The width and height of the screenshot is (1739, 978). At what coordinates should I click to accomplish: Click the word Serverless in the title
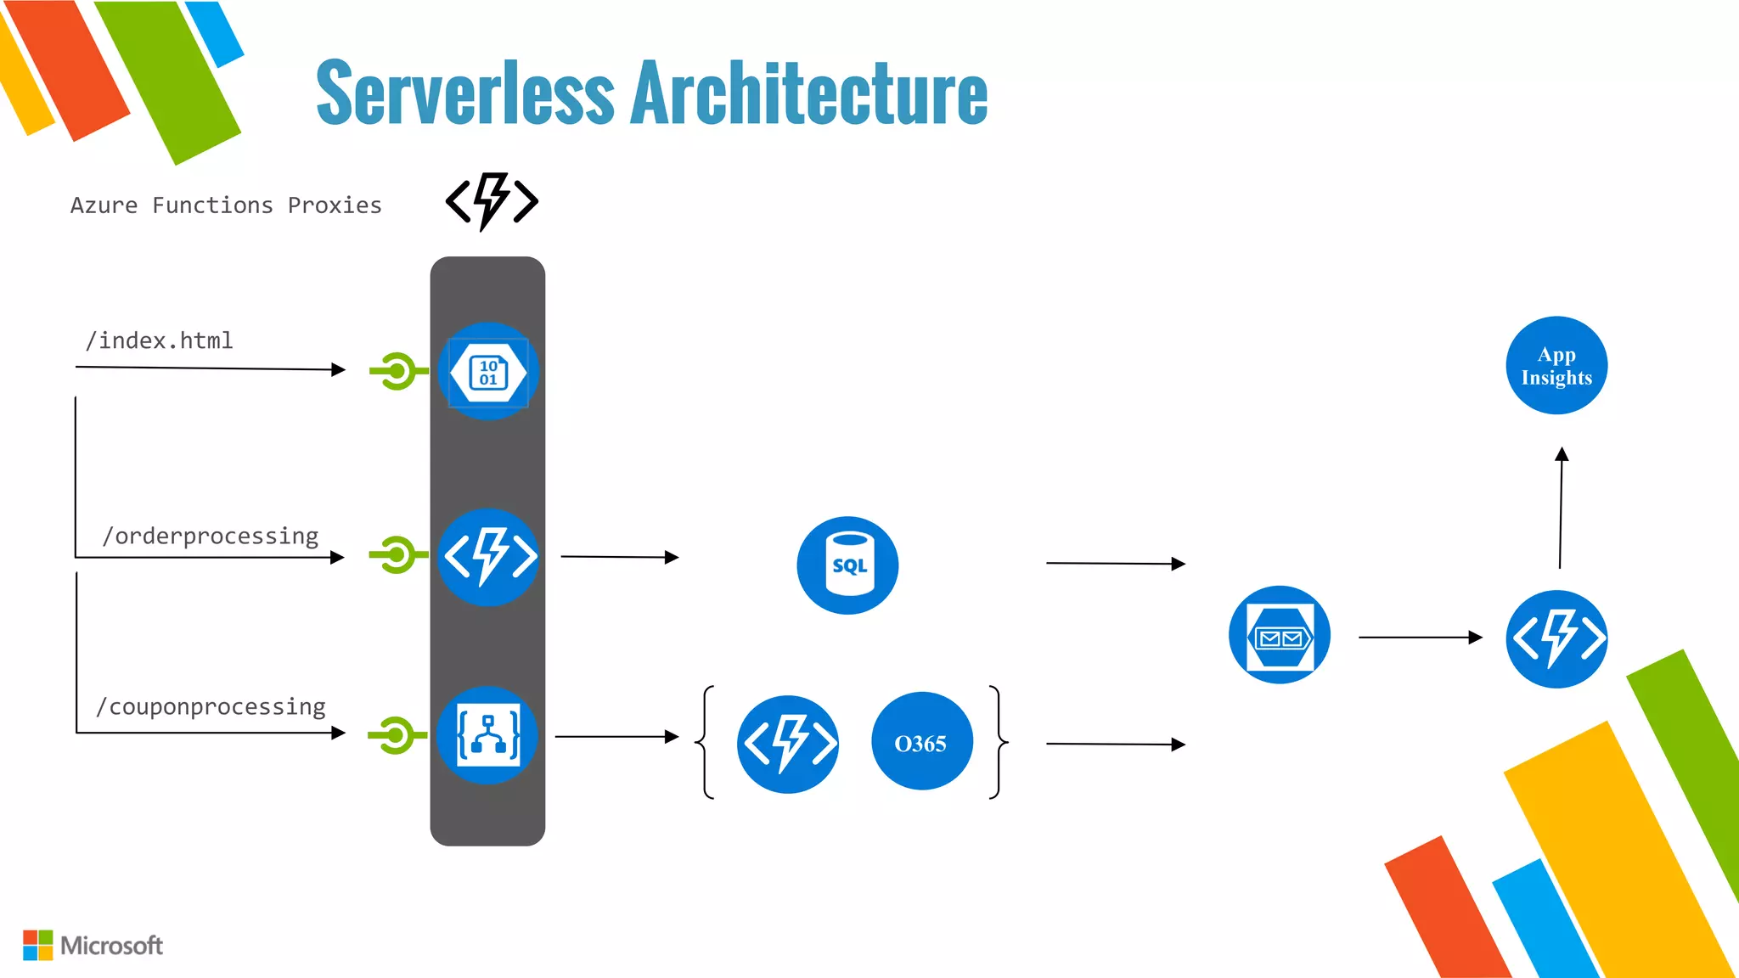coord(464,93)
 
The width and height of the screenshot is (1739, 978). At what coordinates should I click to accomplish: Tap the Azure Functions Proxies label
coord(226,205)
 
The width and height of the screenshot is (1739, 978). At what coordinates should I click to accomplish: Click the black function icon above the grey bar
coord(492,201)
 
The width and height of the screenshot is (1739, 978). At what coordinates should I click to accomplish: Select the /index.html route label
coord(159,340)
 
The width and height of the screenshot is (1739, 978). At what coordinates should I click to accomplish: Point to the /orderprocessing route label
coord(210,537)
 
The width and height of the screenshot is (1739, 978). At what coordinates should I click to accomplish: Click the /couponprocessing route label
coord(211,707)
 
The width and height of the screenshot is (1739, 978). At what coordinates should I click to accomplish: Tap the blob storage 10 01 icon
coord(488,372)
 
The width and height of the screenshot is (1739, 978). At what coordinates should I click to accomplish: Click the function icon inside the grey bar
coord(489,557)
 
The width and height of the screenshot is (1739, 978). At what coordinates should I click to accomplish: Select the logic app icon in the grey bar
coord(487,735)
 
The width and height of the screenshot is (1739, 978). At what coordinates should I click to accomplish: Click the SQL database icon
coord(847,565)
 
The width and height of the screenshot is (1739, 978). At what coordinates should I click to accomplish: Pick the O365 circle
coord(921,743)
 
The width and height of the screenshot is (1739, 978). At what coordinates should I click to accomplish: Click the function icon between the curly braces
coord(788,744)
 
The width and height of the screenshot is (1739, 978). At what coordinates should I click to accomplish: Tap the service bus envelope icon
coord(1280,635)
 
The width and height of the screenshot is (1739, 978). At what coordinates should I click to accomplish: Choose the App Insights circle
coord(1556,366)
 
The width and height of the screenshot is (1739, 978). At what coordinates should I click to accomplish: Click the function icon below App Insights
coord(1556,638)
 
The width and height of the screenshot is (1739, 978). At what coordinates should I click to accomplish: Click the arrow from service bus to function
coord(1420,637)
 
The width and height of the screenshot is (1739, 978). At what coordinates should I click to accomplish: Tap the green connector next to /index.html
coord(397,371)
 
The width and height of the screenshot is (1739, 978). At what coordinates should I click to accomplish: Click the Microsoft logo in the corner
coord(93,945)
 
